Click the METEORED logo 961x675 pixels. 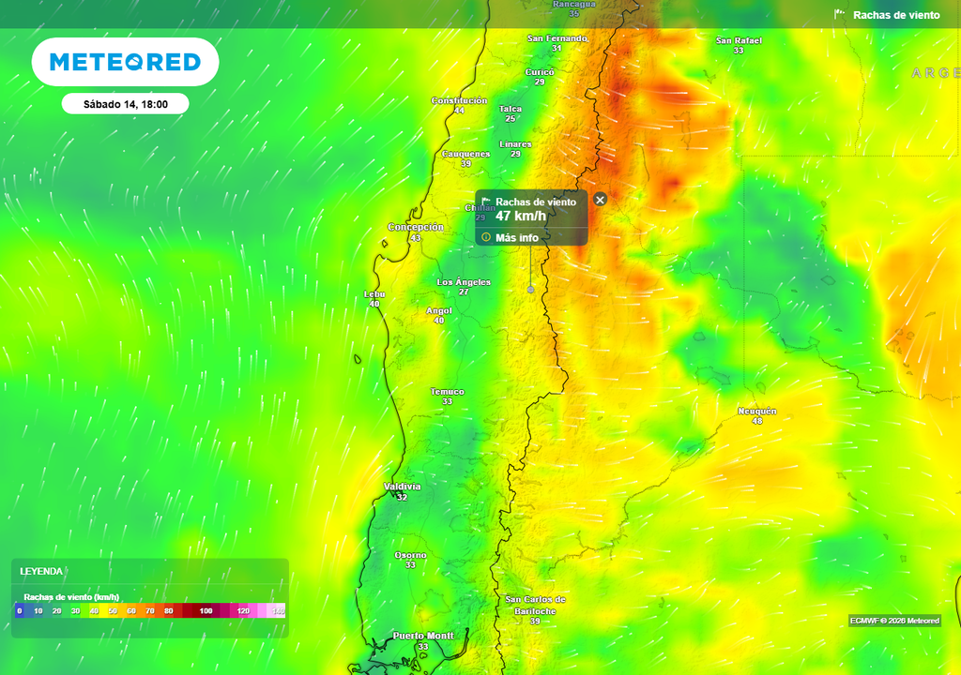point(125,62)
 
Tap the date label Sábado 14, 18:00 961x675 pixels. point(126,104)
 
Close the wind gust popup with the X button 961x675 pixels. point(601,199)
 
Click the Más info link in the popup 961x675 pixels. point(516,237)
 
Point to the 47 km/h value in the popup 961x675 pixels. point(520,217)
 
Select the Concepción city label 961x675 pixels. point(416,227)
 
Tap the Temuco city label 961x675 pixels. point(447,391)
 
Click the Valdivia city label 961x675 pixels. point(403,487)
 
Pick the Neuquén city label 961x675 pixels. point(757,411)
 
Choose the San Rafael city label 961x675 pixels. point(739,40)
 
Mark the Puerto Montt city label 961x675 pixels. point(423,636)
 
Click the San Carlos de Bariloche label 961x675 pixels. point(535,605)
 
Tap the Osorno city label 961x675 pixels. point(410,555)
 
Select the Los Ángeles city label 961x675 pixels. point(464,281)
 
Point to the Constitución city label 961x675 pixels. point(459,100)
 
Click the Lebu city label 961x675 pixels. point(374,293)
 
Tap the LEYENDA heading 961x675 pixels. point(41,571)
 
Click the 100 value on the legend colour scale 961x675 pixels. point(206,610)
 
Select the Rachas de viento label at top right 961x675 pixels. point(895,15)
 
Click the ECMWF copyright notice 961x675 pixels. point(893,621)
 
